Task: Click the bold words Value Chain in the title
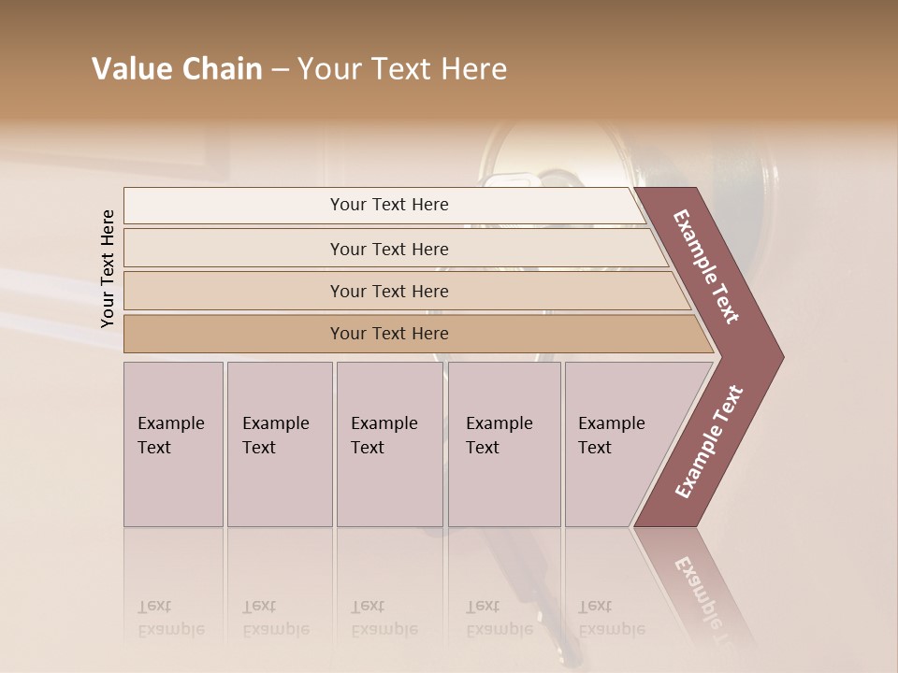[177, 69]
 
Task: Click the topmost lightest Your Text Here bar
[388, 205]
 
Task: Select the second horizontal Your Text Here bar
[388, 249]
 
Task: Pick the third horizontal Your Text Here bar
[388, 291]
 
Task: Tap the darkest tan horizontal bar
[388, 334]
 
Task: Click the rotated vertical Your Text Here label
[108, 268]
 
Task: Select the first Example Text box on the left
[173, 444]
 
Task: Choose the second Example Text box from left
[279, 444]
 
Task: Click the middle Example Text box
[389, 444]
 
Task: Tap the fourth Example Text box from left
[503, 444]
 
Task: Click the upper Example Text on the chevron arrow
[707, 266]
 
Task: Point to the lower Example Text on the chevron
[708, 442]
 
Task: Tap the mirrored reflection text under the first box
[171, 618]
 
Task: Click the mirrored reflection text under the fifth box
[612, 618]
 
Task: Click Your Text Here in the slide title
[402, 69]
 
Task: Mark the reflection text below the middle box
[384, 618]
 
